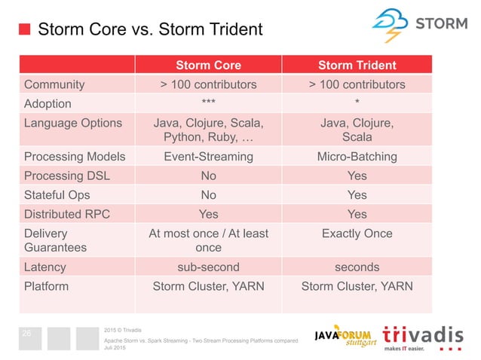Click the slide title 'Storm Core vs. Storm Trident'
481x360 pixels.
(x=150, y=30)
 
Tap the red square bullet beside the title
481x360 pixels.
(x=24, y=30)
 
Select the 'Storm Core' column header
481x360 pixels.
(x=208, y=65)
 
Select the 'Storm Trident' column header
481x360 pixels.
(x=357, y=65)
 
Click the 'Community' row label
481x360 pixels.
(x=54, y=84)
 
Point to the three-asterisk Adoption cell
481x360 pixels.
(x=208, y=104)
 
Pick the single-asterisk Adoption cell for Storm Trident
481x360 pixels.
(x=357, y=104)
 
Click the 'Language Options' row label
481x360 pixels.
(x=72, y=123)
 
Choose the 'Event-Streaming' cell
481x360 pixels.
(x=208, y=157)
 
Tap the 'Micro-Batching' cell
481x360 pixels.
(x=357, y=157)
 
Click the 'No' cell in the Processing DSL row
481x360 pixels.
(x=208, y=175)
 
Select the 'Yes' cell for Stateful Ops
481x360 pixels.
(x=357, y=195)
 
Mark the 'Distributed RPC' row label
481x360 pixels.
(x=67, y=214)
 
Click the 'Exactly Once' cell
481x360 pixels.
(x=357, y=233)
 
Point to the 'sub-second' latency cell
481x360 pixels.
(x=208, y=267)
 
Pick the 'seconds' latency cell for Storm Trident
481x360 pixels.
(x=357, y=267)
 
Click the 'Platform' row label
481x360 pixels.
(x=47, y=286)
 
